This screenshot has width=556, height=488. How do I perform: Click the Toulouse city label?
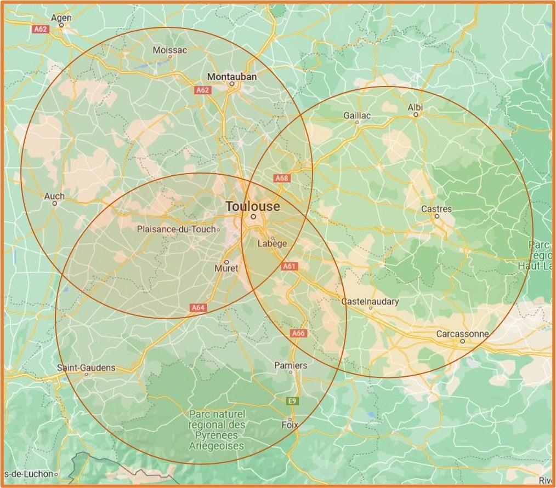coord(253,207)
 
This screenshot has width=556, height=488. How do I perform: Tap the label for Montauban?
coord(232,77)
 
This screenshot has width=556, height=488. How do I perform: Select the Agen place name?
coord(61,18)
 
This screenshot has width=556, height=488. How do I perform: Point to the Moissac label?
coord(170,50)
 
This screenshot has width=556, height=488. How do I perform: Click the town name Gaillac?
coord(357,115)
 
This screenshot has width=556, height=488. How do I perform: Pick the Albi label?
coord(416,107)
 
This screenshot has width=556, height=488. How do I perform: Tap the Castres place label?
coord(436,209)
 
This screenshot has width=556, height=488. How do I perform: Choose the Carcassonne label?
coord(462,334)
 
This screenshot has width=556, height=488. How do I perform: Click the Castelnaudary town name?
coord(370,301)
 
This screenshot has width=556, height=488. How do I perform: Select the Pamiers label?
coord(291,365)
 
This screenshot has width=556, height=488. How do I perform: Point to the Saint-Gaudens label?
coord(86,368)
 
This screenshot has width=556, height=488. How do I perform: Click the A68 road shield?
coord(281,178)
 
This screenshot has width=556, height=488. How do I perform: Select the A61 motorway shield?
coord(289,266)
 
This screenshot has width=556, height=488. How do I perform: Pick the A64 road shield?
coord(198,308)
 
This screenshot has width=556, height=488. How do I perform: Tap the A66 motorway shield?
coord(298,333)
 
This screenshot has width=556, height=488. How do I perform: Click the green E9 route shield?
coord(293,401)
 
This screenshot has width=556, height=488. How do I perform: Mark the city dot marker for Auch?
coord(55,203)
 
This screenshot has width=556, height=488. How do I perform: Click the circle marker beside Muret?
coord(226,262)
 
